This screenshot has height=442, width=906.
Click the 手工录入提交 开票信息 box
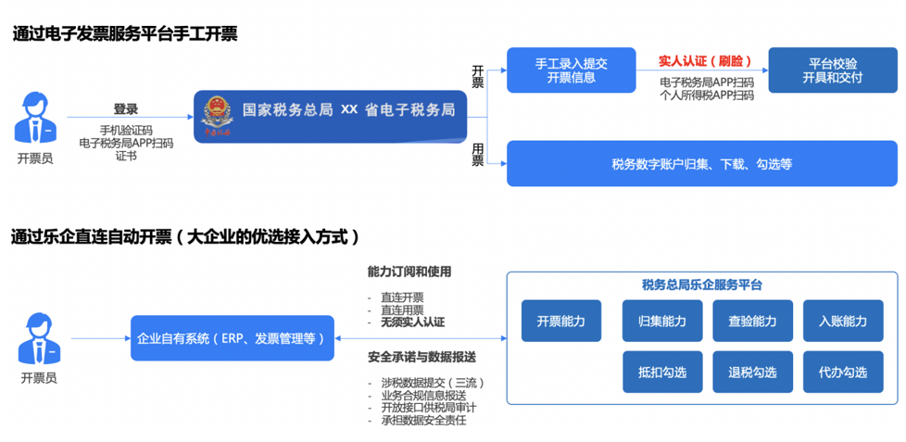pos(572,69)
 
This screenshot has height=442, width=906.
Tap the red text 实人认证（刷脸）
pos(706,60)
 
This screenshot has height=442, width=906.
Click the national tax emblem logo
pos(216,118)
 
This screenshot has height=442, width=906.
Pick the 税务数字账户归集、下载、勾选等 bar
pos(702,164)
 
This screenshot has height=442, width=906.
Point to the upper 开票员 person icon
pos(35,118)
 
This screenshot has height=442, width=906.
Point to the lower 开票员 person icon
pos(39,339)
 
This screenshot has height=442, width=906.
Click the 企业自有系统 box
pos(233,338)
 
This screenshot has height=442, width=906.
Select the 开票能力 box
pos(561,321)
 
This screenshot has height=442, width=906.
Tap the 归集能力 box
pos(662,321)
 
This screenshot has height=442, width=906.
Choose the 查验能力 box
pos(752,321)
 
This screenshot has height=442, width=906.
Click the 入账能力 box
pos(843,321)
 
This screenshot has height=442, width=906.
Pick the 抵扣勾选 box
pos(662,373)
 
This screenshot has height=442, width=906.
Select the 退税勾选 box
pos(752,373)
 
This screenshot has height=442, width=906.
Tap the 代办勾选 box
pos(843,373)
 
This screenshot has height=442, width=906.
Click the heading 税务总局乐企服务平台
pos(702,284)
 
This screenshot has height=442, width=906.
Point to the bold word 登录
pos(126,109)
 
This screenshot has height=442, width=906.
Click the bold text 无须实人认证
pos(412,322)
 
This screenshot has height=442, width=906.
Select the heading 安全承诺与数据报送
pos(422,357)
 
